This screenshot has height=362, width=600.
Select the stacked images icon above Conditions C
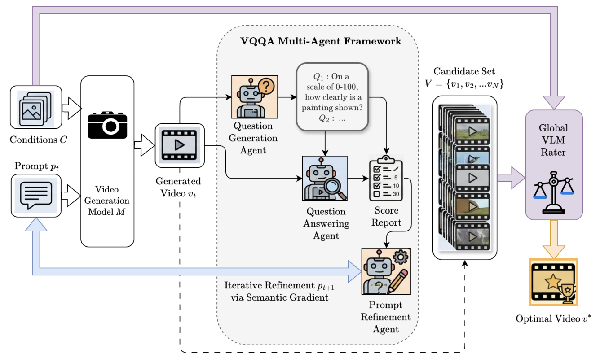click(x=35, y=107)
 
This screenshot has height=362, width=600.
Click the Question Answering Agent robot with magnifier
click(x=325, y=178)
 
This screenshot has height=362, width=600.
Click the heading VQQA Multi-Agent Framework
click(x=321, y=42)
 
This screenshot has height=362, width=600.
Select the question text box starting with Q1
click(x=331, y=97)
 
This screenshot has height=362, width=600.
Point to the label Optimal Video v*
click(x=554, y=319)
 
